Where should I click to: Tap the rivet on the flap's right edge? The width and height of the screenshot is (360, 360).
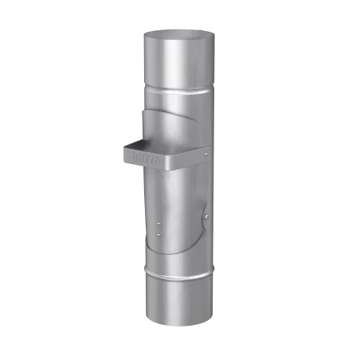point(206,215)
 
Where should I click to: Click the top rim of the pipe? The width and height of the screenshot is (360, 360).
point(179,33)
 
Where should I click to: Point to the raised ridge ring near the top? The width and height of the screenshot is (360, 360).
point(179,85)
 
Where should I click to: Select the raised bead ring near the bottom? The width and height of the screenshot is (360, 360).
point(178,275)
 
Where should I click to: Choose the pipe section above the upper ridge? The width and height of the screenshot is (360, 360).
point(179,60)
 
